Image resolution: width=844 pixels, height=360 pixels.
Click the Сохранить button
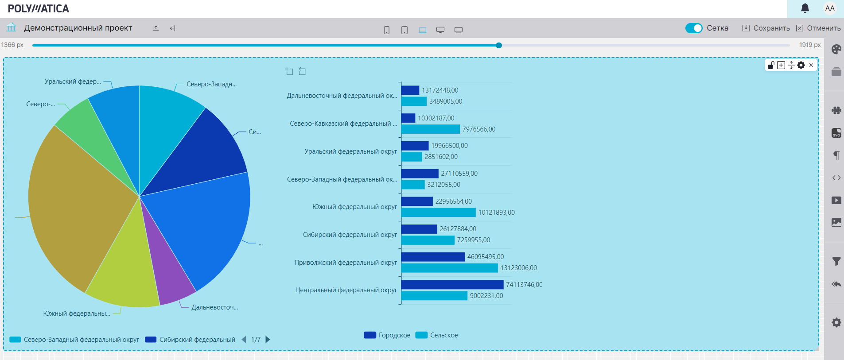[x=766, y=28]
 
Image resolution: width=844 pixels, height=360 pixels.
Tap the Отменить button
[x=819, y=28]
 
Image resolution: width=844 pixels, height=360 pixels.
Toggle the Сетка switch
[x=694, y=28]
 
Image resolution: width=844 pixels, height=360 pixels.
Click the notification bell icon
[x=805, y=8]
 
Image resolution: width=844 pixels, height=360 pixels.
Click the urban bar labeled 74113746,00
[x=452, y=285]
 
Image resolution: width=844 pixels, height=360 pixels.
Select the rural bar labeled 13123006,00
[x=449, y=268]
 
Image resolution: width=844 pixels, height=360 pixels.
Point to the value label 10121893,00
[x=496, y=213]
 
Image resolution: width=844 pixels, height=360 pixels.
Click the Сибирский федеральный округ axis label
[x=350, y=235]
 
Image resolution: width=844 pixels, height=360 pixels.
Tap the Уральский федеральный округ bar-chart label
[x=350, y=151]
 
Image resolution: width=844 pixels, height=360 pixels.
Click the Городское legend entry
[x=387, y=335]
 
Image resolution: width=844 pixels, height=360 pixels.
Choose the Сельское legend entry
[x=437, y=335]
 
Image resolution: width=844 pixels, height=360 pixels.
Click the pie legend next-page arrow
[x=268, y=340]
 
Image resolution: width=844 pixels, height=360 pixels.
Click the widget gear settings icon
[x=801, y=65]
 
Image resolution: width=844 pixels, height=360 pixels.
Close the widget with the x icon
[x=811, y=65]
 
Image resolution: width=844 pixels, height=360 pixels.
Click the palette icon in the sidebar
[x=836, y=49]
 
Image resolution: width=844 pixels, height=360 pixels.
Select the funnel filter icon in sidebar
[x=836, y=262]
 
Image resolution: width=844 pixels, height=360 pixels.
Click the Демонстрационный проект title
[x=78, y=28]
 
